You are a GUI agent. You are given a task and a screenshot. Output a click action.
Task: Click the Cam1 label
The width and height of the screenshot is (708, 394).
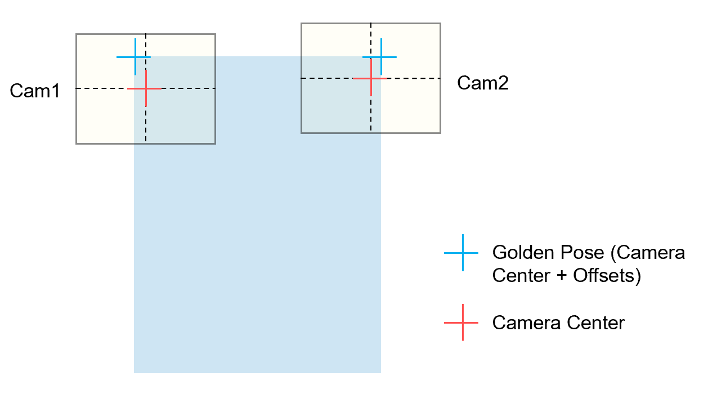tap(35, 91)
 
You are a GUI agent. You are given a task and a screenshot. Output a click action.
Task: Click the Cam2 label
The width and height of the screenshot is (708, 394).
tap(482, 83)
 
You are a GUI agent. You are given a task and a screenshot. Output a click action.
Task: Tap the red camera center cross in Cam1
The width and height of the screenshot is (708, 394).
tap(146, 88)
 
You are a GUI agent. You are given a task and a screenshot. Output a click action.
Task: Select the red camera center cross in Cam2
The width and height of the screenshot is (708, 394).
tap(371, 78)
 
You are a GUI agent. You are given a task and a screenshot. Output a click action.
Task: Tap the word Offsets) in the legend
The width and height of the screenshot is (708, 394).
tap(607, 276)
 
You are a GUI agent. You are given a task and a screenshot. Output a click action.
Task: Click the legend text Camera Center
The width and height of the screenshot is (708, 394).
tap(558, 323)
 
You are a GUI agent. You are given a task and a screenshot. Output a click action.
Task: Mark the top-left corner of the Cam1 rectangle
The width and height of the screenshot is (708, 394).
tap(77, 34)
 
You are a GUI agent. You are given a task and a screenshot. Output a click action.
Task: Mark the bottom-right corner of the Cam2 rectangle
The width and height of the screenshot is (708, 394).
tap(440, 133)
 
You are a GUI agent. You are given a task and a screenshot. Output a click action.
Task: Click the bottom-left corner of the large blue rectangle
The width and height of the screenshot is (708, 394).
tap(135, 373)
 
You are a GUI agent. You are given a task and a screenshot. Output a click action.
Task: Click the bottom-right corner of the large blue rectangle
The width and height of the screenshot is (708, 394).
tap(381, 373)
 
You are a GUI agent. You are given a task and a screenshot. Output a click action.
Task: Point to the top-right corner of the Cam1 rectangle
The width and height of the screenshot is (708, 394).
tap(215, 34)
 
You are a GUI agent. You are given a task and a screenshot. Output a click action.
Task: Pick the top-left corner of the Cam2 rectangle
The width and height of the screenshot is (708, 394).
tap(302, 24)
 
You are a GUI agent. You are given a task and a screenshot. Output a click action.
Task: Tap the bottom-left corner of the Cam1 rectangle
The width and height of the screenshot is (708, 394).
tap(77, 144)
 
